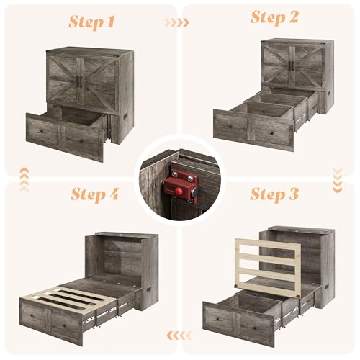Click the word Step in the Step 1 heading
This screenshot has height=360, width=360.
(x=86, y=22)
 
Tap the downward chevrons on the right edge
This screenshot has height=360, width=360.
(x=338, y=174)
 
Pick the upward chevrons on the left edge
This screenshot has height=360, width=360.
(x=23, y=175)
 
